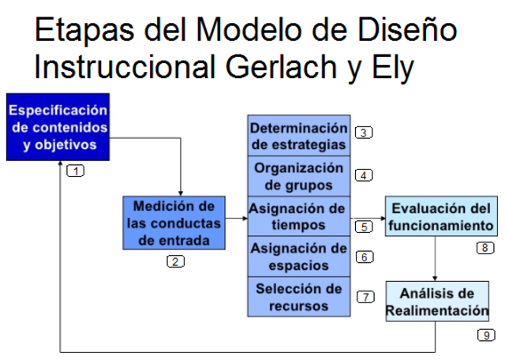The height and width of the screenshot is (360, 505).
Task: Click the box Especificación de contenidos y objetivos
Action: point(57,126)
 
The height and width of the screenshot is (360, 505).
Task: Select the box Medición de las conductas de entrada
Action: point(174,223)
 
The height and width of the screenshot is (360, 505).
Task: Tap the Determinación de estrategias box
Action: point(298,137)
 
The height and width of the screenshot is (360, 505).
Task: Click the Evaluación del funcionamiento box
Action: point(440,217)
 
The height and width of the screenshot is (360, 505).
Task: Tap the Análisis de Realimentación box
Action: point(437,301)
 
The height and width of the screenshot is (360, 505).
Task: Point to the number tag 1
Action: point(75,170)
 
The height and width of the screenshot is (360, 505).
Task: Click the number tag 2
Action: point(175,262)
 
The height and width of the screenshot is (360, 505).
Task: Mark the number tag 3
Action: point(364,133)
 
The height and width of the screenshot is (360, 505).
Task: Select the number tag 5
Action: point(364,227)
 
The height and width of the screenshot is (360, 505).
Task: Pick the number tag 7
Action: point(365,297)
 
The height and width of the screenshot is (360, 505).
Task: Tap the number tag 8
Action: point(485,248)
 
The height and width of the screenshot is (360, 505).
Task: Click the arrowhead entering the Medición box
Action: point(181,192)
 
